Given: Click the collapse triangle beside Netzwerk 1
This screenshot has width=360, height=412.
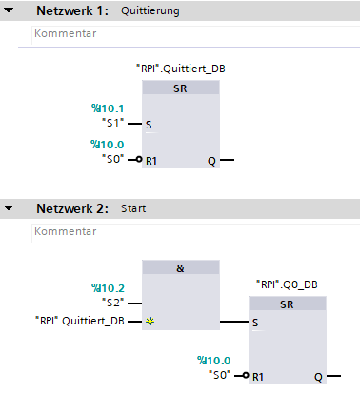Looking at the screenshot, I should (9, 11).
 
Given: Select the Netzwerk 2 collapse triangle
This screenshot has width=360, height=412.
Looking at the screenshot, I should (9, 207).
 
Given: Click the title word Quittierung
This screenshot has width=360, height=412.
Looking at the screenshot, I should (150, 12).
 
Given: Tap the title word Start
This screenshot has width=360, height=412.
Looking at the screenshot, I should (133, 207).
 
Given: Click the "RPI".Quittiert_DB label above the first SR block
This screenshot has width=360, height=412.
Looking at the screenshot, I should (180, 69).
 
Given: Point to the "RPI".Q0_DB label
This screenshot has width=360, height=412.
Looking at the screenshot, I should (287, 284).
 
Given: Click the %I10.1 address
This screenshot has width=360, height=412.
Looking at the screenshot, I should (108, 108).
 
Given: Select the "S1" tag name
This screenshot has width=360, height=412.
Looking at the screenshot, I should (114, 123).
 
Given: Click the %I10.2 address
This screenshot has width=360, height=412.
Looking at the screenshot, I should (108, 287).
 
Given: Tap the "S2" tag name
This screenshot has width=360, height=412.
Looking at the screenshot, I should (114, 302).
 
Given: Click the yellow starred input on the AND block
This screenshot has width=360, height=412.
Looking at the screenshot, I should (150, 322).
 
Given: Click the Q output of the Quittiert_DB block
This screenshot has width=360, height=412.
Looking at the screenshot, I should (211, 160).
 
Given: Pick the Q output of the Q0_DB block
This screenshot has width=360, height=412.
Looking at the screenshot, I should (318, 376).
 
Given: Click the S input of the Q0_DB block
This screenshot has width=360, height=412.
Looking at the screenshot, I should (255, 322).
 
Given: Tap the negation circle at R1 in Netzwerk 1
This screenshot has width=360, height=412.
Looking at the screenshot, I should (139, 160).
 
